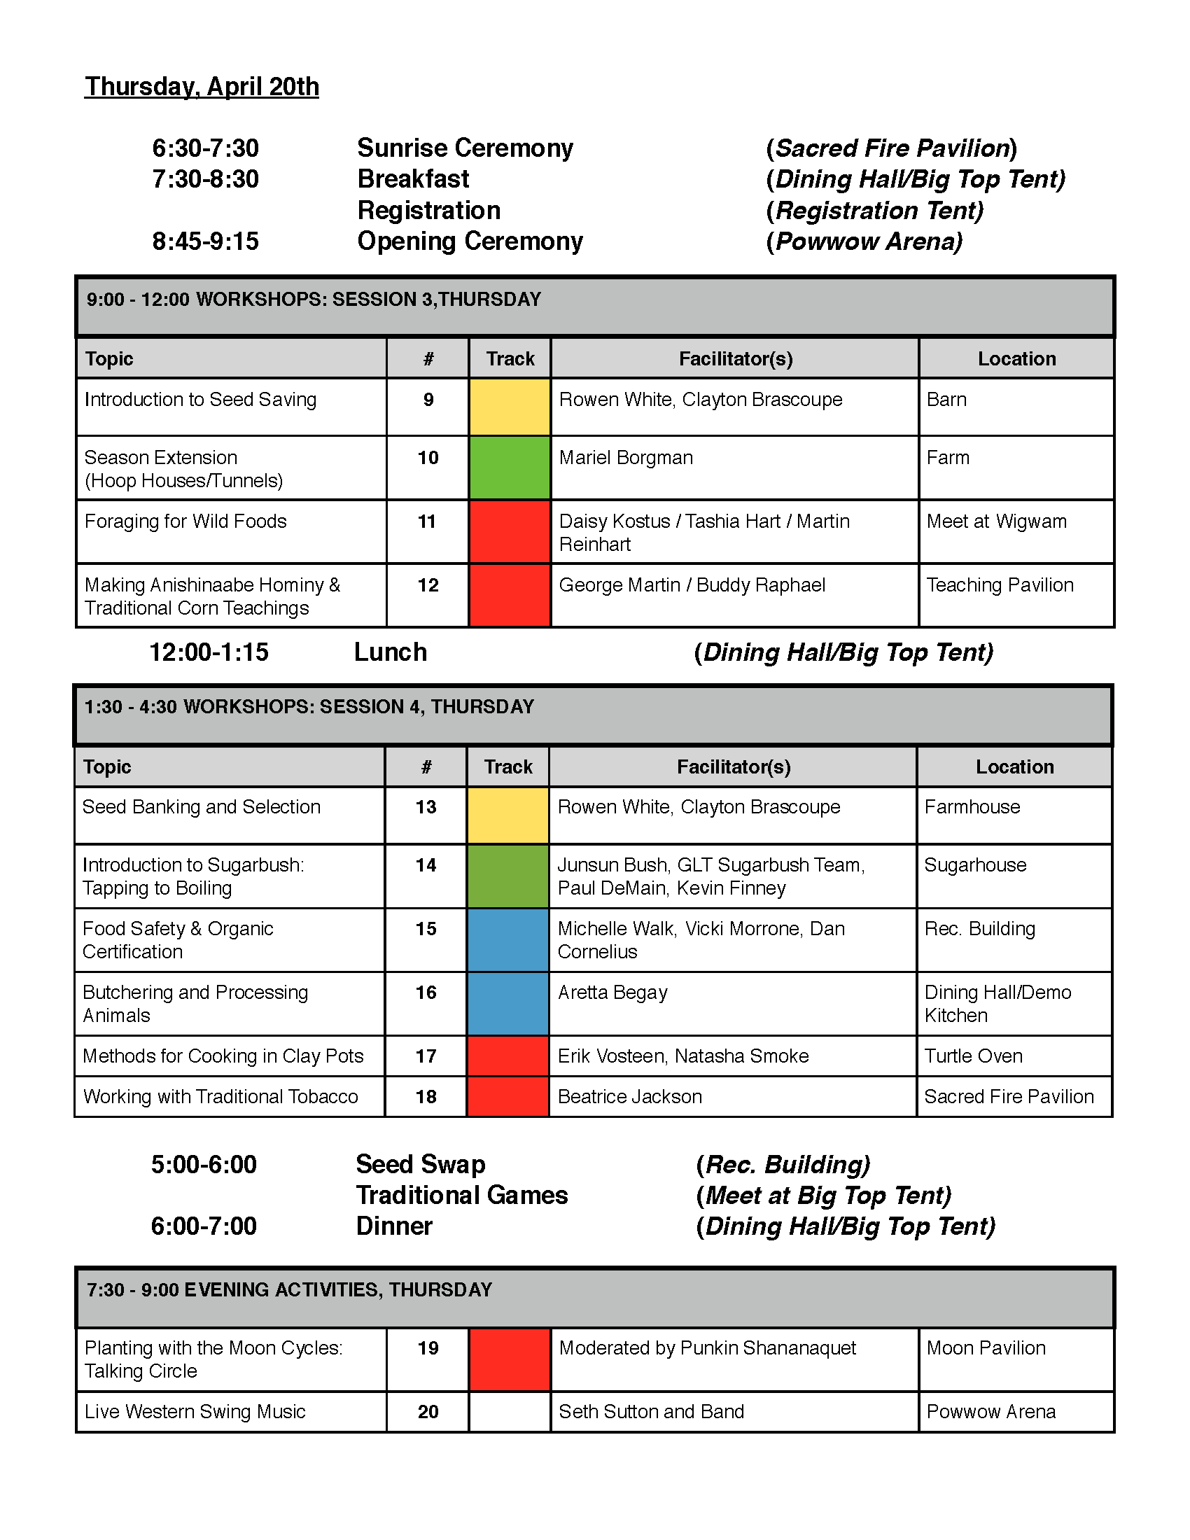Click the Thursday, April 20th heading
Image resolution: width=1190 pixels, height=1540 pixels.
tap(202, 87)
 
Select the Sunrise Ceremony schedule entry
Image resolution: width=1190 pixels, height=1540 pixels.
tap(465, 148)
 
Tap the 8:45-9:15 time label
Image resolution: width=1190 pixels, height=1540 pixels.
tap(205, 241)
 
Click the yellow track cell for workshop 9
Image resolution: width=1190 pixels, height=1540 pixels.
tap(509, 407)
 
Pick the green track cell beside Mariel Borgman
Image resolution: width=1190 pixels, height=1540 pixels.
tap(509, 468)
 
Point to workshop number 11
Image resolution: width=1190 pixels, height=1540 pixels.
tap(427, 521)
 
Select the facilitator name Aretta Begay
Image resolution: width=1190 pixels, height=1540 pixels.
tap(612, 993)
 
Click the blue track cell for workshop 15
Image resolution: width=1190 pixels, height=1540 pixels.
tap(507, 940)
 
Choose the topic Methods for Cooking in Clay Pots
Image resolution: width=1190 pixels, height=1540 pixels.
tap(223, 1056)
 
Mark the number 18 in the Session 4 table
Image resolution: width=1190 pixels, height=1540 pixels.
tap(426, 1097)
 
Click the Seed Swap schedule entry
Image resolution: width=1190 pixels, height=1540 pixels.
tap(420, 1164)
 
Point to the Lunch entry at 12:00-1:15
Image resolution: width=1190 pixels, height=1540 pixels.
tap(390, 652)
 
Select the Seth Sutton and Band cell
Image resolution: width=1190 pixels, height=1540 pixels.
tap(651, 1412)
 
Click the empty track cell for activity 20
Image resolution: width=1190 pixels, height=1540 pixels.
tap(509, 1412)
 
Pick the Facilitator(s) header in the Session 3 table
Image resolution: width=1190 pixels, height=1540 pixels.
tap(735, 359)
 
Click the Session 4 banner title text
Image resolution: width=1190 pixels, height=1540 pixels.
tap(309, 707)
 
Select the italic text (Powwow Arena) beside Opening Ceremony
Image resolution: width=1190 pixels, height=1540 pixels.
tap(864, 241)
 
